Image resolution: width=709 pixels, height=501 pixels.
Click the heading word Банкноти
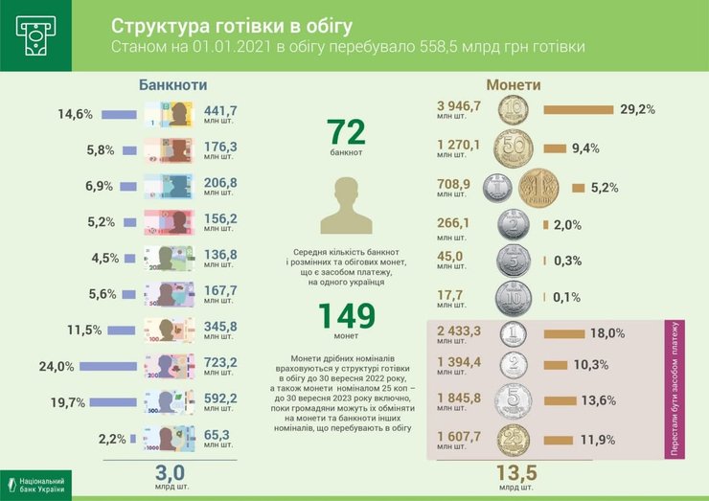click(x=172, y=84)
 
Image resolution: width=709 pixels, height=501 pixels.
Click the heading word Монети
click(x=514, y=84)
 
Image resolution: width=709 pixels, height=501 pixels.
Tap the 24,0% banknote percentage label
click(x=57, y=366)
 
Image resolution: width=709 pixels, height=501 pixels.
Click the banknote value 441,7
click(x=219, y=112)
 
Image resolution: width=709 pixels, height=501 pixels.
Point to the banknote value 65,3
click(x=219, y=436)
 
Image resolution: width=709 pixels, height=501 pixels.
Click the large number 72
click(x=347, y=132)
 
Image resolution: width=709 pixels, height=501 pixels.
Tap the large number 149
click(x=346, y=316)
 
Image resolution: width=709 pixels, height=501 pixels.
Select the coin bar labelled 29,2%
click(x=578, y=109)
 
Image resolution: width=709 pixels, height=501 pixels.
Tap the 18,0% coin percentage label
click(x=607, y=333)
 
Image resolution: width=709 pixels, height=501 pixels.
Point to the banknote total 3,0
click(x=170, y=471)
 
